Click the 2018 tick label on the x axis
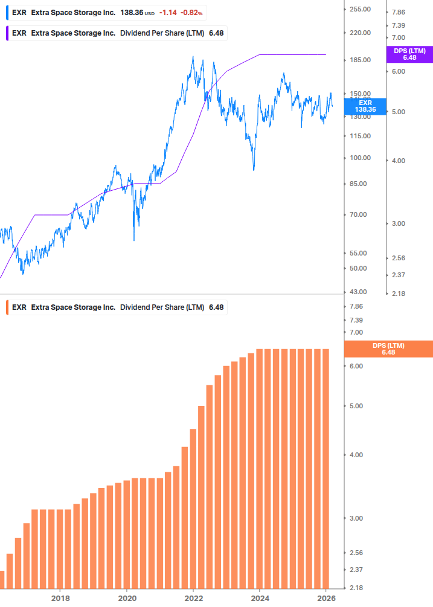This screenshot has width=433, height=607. (60, 599)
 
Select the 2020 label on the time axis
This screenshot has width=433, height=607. (127, 599)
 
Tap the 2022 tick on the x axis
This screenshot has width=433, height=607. (193, 599)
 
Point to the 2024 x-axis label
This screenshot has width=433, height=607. (260, 599)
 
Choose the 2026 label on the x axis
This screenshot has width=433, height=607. (326, 599)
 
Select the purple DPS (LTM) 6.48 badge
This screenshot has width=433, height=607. (409, 54)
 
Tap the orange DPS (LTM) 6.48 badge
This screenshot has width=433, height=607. (388, 349)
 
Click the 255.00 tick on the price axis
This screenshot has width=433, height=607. (360, 10)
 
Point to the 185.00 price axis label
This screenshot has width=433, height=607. (360, 60)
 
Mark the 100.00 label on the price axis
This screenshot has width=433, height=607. (360, 158)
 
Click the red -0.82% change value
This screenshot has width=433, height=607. (191, 13)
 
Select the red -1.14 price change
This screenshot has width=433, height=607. (169, 13)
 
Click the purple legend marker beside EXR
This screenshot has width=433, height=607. (7, 33)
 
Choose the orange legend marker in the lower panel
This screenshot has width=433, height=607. (7, 307)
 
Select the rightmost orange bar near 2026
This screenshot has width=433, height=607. (325, 468)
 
